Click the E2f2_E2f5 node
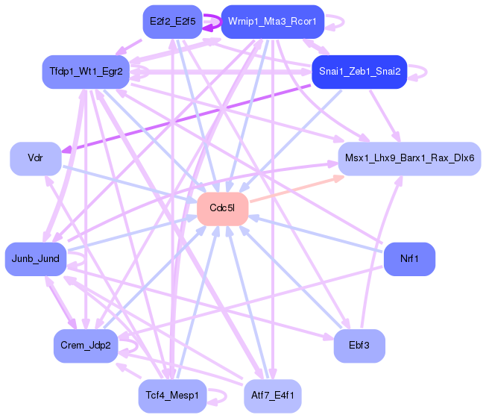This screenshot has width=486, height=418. pyautogui.click(x=172, y=22)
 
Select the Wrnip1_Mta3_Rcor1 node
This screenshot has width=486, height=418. pyautogui.click(x=272, y=22)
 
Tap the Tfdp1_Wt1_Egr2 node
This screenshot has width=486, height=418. pyautogui.click(x=86, y=72)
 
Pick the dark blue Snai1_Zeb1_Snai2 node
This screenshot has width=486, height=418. pyautogui.click(x=359, y=72)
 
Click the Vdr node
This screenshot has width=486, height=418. pyautogui.click(x=35, y=158)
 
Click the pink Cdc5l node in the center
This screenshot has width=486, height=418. pyautogui.click(x=222, y=208)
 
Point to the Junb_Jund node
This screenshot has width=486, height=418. pyautogui.click(x=36, y=258)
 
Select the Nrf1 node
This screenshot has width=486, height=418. pyautogui.click(x=409, y=258)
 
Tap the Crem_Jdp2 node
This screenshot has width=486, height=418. pyautogui.click(x=86, y=346)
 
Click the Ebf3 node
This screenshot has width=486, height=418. pyautogui.click(x=359, y=346)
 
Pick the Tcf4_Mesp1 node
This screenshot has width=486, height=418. pyautogui.click(x=172, y=396)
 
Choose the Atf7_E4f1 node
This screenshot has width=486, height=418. pyautogui.click(x=272, y=396)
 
